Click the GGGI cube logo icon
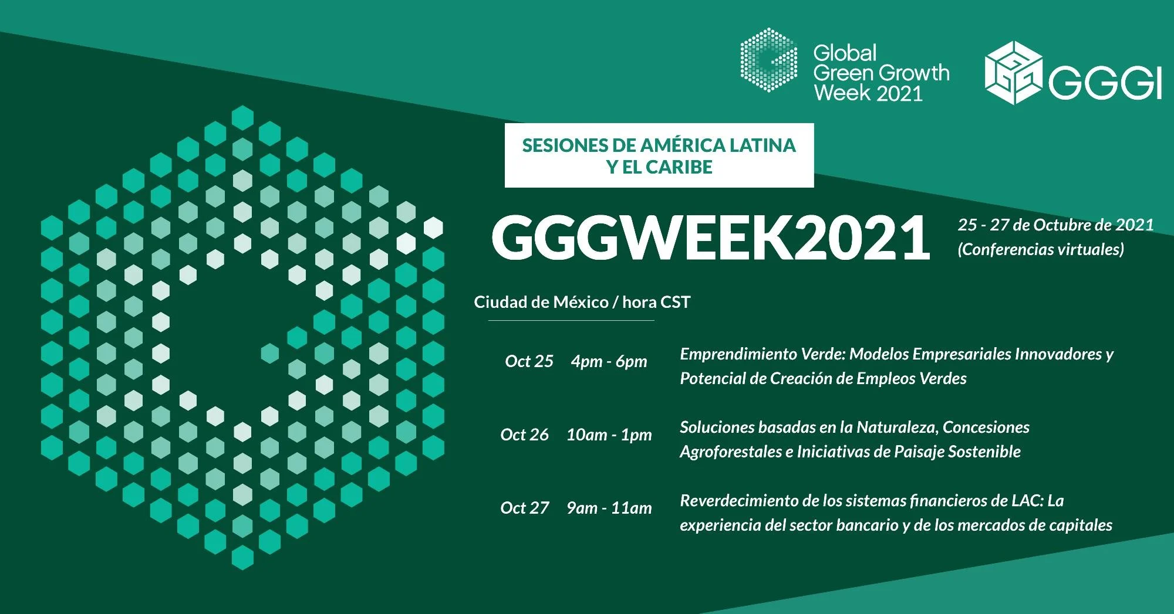[1013, 73]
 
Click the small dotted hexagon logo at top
[768, 60]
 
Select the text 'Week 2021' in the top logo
[868, 93]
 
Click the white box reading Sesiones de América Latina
[659, 155]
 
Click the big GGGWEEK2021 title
[711, 238]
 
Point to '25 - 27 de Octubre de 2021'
[1055, 225]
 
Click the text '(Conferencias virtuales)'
[1041, 249]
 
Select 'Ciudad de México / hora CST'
[582, 302]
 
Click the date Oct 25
[529, 361]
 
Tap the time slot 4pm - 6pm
[609, 362]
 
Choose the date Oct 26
[524, 435]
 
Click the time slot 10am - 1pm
[609, 435]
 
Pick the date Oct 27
[524, 508]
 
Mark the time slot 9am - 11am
[609, 508]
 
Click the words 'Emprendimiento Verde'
[762, 354]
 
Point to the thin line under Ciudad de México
[571, 321]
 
